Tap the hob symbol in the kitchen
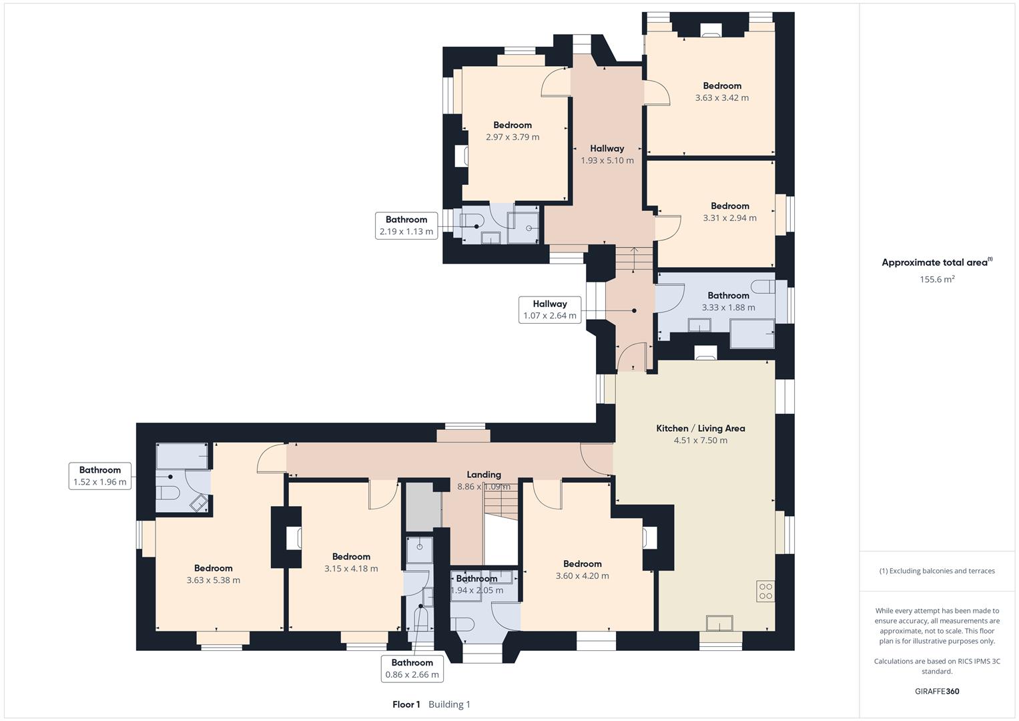coord(765,591)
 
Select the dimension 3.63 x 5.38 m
coord(214,580)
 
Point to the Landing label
coord(484,475)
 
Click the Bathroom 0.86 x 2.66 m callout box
coord(412,668)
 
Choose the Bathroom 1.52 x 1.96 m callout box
coord(100,476)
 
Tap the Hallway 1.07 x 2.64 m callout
coord(549,310)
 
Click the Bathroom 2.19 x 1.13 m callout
coord(406,226)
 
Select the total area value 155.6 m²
coord(937,280)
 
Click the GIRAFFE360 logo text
coord(937,691)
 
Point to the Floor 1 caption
coord(406,704)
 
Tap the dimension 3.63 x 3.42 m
coord(722,97)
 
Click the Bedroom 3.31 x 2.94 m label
coord(729,206)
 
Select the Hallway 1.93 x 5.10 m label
coord(607,149)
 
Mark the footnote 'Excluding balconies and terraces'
coord(937,571)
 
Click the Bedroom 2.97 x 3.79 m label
coord(513,126)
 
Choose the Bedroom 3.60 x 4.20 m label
coord(582,564)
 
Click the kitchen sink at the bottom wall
coord(719,623)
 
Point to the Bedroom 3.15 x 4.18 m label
coord(351,557)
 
